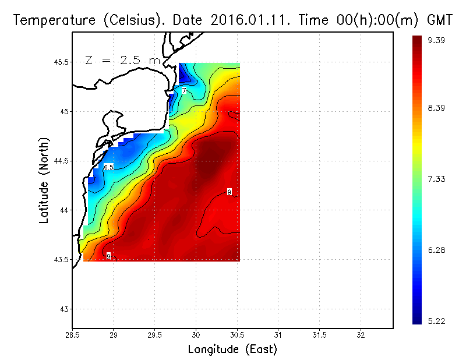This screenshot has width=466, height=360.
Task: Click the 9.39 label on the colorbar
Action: coord(437,40)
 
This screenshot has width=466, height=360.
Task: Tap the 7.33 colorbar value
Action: coord(437,179)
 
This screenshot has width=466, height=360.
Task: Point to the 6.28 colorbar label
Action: coord(437,250)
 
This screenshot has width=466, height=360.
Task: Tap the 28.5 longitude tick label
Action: coord(72,335)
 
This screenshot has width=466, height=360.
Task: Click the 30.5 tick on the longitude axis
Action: coord(237,335)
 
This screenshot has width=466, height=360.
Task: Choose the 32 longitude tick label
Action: coord(361,335)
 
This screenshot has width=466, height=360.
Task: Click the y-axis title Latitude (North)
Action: coord(44,180)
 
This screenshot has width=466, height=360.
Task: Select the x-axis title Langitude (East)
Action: coord(232,350)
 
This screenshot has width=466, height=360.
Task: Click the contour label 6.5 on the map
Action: coord(108,167)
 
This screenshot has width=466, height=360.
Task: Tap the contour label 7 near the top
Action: coord(183,91)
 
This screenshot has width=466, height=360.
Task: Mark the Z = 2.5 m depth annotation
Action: coord(122,60)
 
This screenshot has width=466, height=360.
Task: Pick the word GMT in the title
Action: coord(440,20)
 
